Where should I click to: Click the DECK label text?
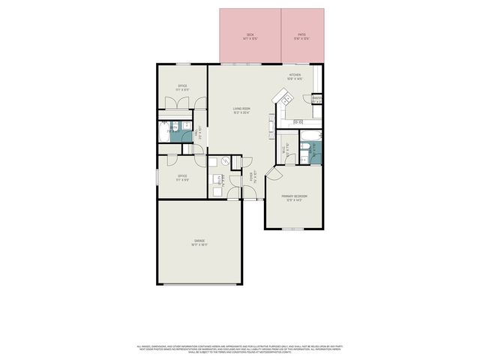pos(250,35)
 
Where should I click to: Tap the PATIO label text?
pos(301,35)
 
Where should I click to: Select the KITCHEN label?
pos(295,76)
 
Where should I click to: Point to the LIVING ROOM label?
pos(241,110)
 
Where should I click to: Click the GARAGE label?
pos(199,242)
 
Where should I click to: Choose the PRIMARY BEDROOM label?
pos(295,198)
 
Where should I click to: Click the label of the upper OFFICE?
pos(182,88)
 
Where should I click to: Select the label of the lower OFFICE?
pos(182,178)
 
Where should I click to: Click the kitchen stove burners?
pos(298,121)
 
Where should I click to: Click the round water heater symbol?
pos(223,161)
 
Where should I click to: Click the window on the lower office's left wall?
pos(157,175)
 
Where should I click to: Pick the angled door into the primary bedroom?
pos(272,173)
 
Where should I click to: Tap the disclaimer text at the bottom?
pos(240,348)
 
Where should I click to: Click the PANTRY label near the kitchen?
pos(317,98)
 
